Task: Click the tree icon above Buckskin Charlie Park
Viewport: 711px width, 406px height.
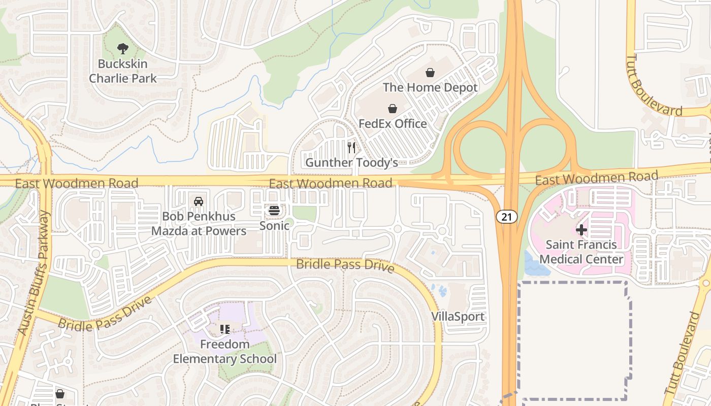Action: [122, 49]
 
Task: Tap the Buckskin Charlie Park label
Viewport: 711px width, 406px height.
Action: [123, 71]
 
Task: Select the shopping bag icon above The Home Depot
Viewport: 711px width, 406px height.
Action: [430, 73]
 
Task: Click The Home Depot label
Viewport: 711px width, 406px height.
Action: [430, 87]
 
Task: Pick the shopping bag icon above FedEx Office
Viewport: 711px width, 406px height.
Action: [393, 109]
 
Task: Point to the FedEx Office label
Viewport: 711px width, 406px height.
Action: [393, 123]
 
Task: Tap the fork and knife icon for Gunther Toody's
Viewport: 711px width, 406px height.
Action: [351, 148]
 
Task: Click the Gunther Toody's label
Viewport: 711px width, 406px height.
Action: [351, 162]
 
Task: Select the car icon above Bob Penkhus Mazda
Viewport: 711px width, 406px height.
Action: [199, 201]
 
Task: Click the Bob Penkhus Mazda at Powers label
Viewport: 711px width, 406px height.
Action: [199, 223]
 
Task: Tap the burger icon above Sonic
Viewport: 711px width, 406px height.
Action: [274, 210]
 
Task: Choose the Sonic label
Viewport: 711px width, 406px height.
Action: [274, 225]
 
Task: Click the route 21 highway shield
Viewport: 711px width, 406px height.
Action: [507, 217]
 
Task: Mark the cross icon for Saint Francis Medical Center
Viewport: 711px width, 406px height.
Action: [581, 230]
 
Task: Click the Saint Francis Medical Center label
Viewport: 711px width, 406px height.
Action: [581, 252]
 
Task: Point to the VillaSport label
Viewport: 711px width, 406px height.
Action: [458, 317]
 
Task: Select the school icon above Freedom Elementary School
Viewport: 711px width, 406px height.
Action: [225, 329]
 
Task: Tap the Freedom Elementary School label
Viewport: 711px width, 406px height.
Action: [225, 352]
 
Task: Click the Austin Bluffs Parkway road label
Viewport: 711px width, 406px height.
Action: [35, 273]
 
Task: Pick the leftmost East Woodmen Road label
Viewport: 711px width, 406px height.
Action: [77, 183]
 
